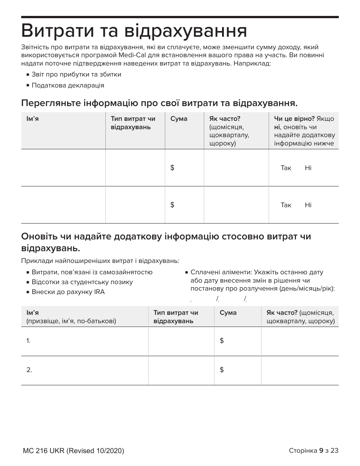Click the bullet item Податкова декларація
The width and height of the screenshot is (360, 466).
pos(68,85)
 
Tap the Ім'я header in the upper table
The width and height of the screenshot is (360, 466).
pos(33,119)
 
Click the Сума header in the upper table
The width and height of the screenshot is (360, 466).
pos(179,119)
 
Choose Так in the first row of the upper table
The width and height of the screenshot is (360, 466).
pos(286,168)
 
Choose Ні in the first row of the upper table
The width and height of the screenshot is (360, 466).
pos(308,168)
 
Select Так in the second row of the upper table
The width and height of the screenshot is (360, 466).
pos(286,205)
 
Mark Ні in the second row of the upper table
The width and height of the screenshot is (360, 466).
pos(308,205)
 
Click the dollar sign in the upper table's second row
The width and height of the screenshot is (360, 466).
pos(172,205)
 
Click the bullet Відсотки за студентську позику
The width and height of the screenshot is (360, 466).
pos(82,282)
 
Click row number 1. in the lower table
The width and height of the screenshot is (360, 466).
pos(28,341)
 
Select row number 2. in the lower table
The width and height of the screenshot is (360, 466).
pos(29,370)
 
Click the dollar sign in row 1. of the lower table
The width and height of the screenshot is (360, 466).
pos(222,341)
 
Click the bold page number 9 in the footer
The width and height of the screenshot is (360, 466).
pos(321,450)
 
